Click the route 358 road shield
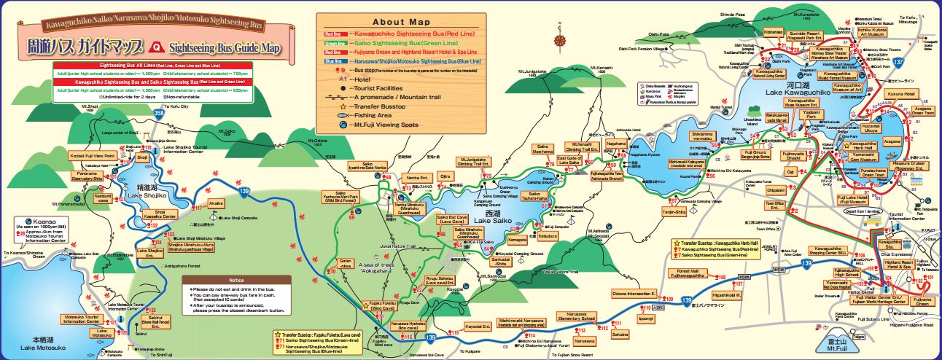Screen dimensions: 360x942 coord(160,114)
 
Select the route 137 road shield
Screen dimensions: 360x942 coord(903,63)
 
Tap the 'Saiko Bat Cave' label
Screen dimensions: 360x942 coord(451,220)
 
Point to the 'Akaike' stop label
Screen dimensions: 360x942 coord(217,203)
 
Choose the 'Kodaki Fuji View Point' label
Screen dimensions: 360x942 coord(93,155)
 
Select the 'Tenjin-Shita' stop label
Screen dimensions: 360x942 coord(674,211)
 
